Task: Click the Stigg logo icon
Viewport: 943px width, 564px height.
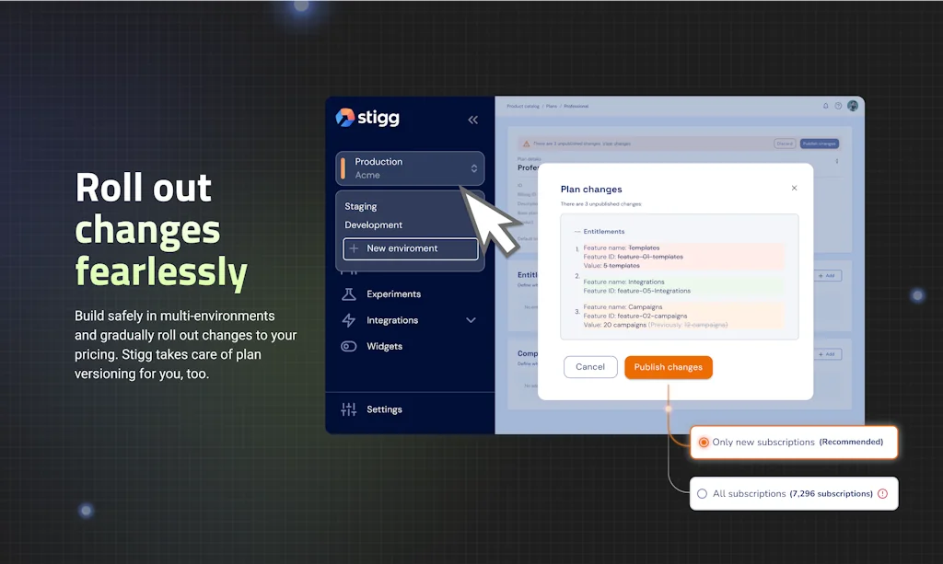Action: (x=345, y=118)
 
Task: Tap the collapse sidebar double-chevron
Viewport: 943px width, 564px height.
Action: (x=473, y=120)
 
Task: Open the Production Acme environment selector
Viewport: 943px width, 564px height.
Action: (x=410, y=168)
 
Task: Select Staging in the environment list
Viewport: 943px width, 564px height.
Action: (x=361, y=206)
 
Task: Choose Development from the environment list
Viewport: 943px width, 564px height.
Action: (x=374, y=224)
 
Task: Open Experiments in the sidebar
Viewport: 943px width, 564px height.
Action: (x=393, y=294)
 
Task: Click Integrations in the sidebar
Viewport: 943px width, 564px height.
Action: (x=392, y=320)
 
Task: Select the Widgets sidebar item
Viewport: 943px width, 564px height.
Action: (x=384, y=347)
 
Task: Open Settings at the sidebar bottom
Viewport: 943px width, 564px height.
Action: (x=384, y=409)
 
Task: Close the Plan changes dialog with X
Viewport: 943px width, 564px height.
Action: (x=795, y=188)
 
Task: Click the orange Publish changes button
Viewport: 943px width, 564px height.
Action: (x=669, y=367)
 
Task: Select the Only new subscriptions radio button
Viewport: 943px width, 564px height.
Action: (x=704, y=443)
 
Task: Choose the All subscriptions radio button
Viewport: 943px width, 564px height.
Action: (x=703, y=494)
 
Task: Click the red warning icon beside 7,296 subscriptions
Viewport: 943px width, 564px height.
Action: (x=882, y=494)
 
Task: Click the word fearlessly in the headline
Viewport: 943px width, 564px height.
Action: (x=161, y=272)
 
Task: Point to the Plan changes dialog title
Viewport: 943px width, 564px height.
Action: (x=591, y=190)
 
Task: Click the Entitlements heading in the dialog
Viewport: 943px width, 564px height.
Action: (x=603, y=232)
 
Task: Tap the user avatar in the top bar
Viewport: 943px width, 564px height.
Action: (x=853, y=106)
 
